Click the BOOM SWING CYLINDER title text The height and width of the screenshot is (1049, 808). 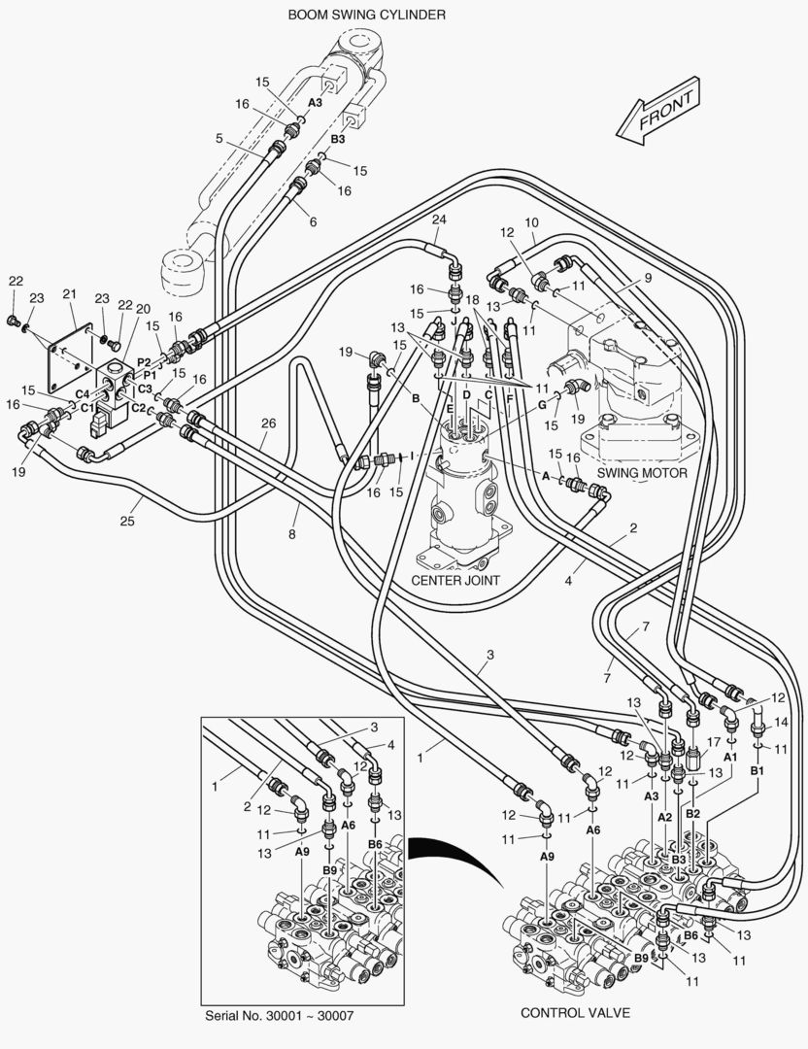click(366, 14)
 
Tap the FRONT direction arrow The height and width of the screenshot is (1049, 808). click(658, 112)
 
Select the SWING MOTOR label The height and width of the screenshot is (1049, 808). click(642, 473)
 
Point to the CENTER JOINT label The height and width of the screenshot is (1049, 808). click(455, 580)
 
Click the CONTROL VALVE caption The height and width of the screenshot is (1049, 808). click(575, 1013)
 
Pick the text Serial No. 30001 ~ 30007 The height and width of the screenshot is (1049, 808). click(280, 1016)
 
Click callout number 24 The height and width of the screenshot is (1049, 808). click(439, 220)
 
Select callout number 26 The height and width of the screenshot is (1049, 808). click(268, 423)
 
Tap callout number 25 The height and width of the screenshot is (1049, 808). click(127, 522)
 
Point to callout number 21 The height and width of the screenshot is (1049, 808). click(70, 293)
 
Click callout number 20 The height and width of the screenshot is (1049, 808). click(143, 309)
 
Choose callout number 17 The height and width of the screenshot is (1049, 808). click(714, 742)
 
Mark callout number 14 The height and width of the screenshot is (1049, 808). click(781, 723)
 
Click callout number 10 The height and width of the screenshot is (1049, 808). click(532, 222)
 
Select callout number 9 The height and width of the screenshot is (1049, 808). click(648, 278)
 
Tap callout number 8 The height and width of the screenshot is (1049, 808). click(291, 534)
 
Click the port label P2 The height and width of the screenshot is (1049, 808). click(144, 362)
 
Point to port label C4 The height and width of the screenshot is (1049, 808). click(83, 394)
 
